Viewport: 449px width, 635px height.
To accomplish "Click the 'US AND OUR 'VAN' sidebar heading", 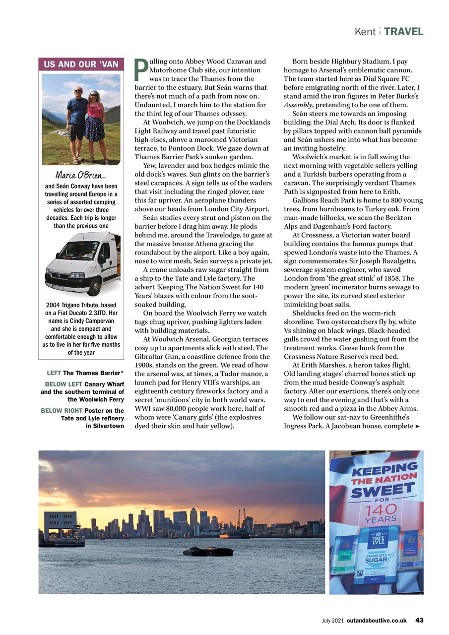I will [81, 64].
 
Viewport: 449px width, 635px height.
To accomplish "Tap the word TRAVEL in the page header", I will [403, 32].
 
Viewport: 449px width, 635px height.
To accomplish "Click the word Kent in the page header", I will [365, 32].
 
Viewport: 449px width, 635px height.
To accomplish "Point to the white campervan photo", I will [82, 263].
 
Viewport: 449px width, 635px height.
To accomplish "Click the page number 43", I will [419, 620].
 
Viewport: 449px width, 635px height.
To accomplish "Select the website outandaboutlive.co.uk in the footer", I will [377, 620].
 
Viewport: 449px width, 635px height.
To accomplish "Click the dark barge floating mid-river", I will [208, 551].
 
